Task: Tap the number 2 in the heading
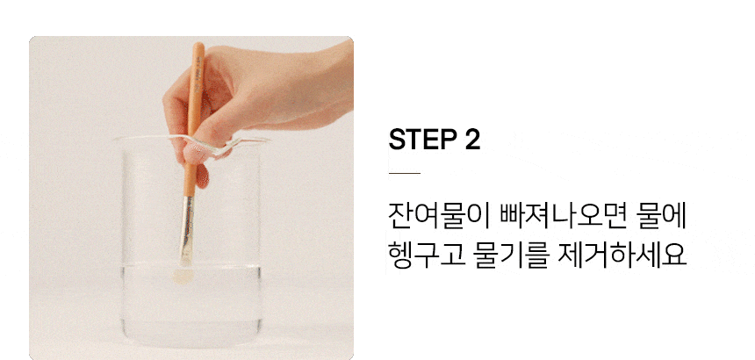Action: [x=473, y=139]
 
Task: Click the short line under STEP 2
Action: [x=405, y=173]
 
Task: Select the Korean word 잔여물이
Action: [x=439, y=217]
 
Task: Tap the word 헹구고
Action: [x=427, y=255]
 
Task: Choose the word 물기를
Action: [x=511, y=255]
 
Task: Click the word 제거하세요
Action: [x=622, y=255]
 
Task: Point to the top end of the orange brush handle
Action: [x=198, y=46]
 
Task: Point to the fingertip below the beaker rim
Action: [x=202, y=177]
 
